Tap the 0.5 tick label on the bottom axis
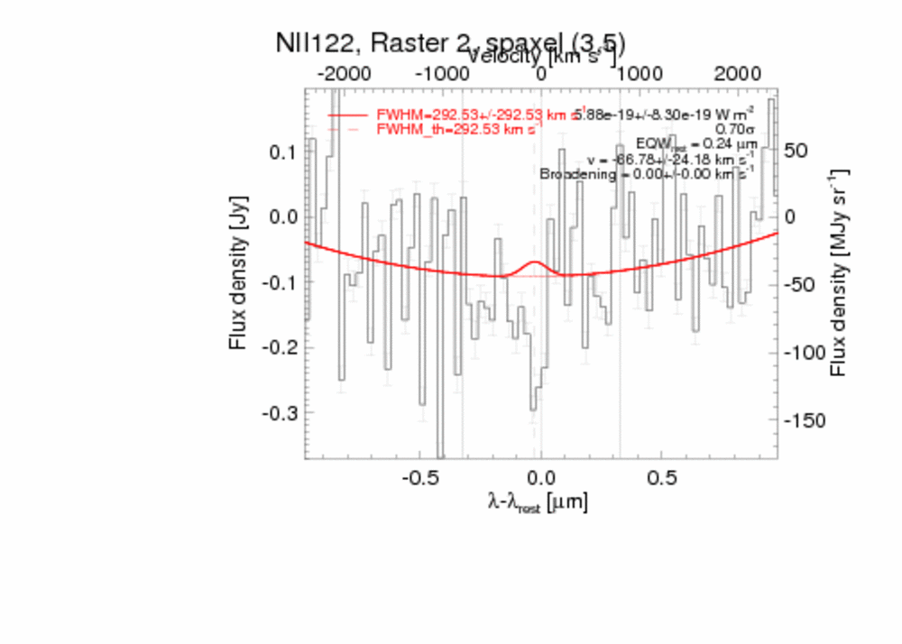click(662, 476)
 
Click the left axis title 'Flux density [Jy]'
click(238, 276)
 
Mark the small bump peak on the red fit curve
click(534, 262)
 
